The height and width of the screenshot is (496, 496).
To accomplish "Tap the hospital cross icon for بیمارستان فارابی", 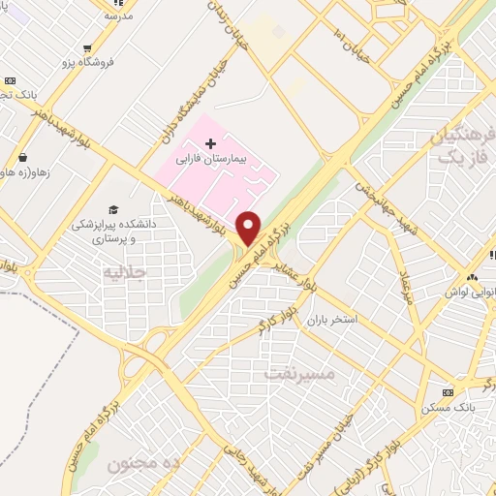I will click(210, 143).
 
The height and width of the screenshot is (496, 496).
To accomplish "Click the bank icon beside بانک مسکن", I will click(448, 392).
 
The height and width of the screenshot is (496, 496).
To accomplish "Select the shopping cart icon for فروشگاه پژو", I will click(88, 47).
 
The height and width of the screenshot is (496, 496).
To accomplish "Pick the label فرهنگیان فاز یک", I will click(458, 145).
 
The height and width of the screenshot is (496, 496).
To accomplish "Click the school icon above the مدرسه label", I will click(109, 3).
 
